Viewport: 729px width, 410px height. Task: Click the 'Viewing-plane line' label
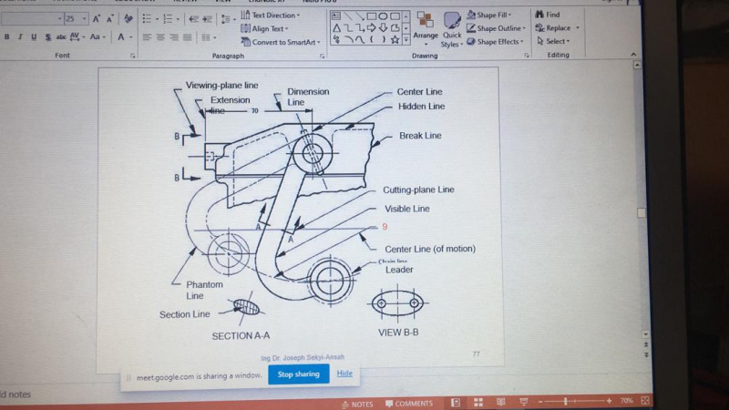pyautogui.click(x=222, y=86)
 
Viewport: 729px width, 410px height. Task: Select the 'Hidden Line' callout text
pyautogui.click(x=421, y=107)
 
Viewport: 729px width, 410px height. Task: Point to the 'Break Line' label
pyautogui.click(x=420, y=136)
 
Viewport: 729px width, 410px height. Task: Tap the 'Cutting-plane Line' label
pyautogui.click(x=419, y=190)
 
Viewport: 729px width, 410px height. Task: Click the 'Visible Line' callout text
pyautogui.click(x=407, y=208)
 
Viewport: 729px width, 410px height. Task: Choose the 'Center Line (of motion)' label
pyautogui.click(x=430, y=249)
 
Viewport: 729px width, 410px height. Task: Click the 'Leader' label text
pyautogui.click(x=399, y=270)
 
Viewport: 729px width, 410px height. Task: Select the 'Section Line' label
pyautogui.click(x=185, y=314)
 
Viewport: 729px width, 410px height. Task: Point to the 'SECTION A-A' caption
pyautogui.click(x=241, y=335)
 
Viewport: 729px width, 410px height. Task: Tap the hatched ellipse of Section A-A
pyautogui.click(x=246, y=307)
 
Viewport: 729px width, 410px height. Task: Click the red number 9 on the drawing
pyautogui.click(x=385, y=227)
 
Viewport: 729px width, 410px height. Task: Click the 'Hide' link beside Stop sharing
pyautogui.click(x=344, y=374)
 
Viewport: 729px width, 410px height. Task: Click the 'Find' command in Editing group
pyautogui.click(x=552, y=15)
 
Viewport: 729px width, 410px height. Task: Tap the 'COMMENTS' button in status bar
pyautogui.click(x=408, y=404)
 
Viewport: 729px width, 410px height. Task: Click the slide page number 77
pyautogui.click(x=476, y=353)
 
